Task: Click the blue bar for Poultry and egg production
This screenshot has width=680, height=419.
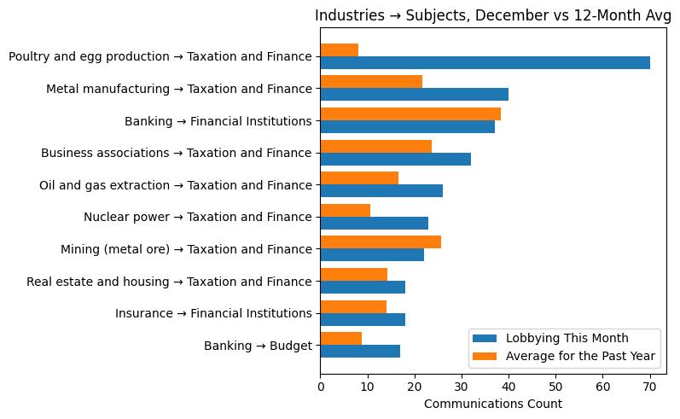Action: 485,62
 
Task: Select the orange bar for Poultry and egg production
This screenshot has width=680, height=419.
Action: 339,49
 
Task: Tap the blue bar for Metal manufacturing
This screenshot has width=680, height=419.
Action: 414,95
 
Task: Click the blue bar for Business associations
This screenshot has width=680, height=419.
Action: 395,159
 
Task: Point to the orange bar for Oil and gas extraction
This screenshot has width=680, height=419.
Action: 359,177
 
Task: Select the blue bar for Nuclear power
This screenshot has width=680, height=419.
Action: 374,223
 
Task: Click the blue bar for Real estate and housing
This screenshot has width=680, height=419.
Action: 363,287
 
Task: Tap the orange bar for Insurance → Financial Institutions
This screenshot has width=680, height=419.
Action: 353,306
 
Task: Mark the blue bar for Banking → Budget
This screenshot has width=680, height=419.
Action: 360,351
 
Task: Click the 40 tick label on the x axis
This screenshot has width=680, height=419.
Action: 509,387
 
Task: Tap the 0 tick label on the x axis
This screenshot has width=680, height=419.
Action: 320,387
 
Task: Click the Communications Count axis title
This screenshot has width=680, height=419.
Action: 492,404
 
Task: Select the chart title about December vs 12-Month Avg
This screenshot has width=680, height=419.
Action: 492,15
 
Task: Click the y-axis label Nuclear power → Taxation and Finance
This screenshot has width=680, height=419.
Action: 197,217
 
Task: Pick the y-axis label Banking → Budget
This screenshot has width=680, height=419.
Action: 258,346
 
